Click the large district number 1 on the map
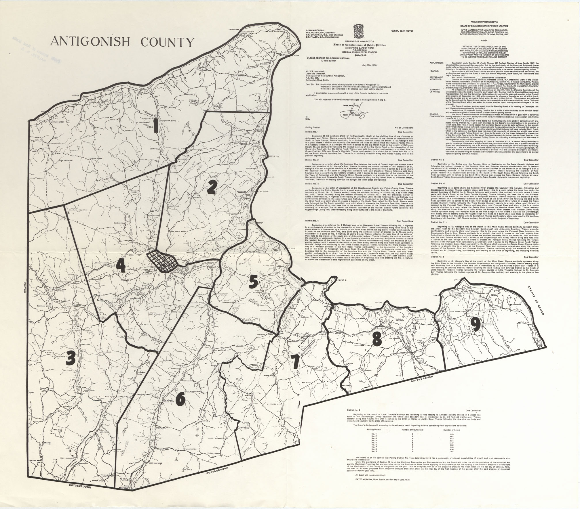[156, 130]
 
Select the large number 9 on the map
[475, 325]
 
